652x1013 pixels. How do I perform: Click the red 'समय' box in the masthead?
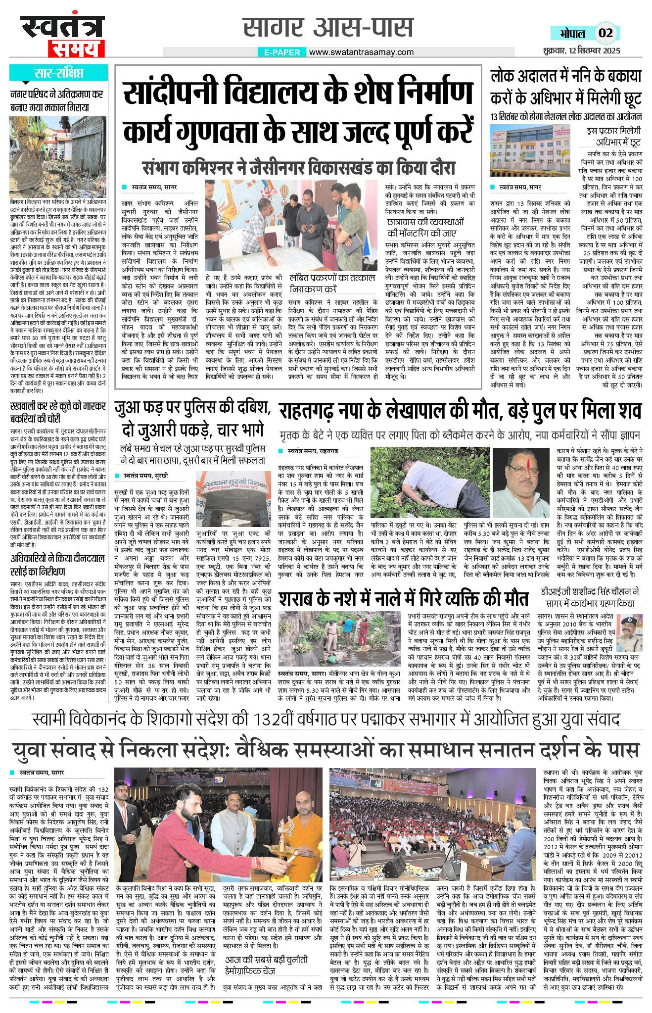point(76,48)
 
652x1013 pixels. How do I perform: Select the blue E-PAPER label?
point(282,52)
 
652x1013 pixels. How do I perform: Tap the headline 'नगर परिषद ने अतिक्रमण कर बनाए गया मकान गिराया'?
point(57,100)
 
